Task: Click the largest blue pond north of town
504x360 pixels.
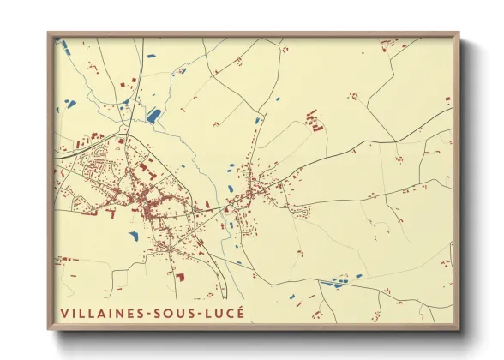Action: [154, 114]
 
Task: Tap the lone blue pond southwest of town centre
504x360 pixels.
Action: [134, 233]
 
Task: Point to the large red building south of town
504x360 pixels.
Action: [180, 276]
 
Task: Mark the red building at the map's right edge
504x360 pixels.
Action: [447, 100]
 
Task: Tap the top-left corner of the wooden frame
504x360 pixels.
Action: [49, 34]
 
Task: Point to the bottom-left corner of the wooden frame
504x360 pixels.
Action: [49, 328]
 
